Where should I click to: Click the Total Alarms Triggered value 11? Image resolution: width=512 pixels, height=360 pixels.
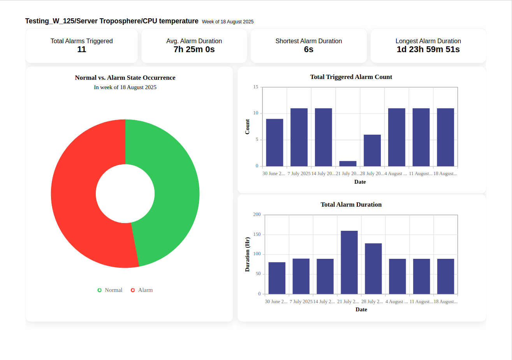click(82, 49)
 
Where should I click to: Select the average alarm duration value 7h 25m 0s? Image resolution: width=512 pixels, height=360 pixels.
click(194, 49)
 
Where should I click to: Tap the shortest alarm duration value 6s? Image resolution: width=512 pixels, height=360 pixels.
click(309, 49)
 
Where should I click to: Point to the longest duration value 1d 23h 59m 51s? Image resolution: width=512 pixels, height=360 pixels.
click(428, 49)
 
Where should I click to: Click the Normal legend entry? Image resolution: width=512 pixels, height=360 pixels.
click(110, 290)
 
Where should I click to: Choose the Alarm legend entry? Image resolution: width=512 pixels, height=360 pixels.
click(142, 290)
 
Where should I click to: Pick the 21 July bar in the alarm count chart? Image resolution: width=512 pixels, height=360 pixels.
click(348, 163)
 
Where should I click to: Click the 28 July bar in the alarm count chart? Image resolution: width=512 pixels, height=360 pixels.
click(372, 151)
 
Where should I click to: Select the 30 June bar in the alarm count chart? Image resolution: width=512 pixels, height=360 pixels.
click(274, 142)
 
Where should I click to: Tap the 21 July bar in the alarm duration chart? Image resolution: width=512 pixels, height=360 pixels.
click(349, 262)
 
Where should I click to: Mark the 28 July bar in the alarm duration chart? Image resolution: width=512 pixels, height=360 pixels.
click(373, 269)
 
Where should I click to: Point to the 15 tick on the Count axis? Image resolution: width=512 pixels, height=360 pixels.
click(256, 87)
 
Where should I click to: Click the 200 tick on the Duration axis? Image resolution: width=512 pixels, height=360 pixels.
click(257, 214)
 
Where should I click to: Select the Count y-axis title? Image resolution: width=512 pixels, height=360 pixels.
click(247, 126)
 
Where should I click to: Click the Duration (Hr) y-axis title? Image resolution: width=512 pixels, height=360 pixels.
click(247, 254)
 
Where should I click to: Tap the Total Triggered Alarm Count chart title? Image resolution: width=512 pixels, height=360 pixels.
click(351, 77)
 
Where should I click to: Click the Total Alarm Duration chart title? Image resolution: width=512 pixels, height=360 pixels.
click(351, 204)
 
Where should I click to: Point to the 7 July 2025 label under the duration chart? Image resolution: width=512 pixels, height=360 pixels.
click(301, 302)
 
